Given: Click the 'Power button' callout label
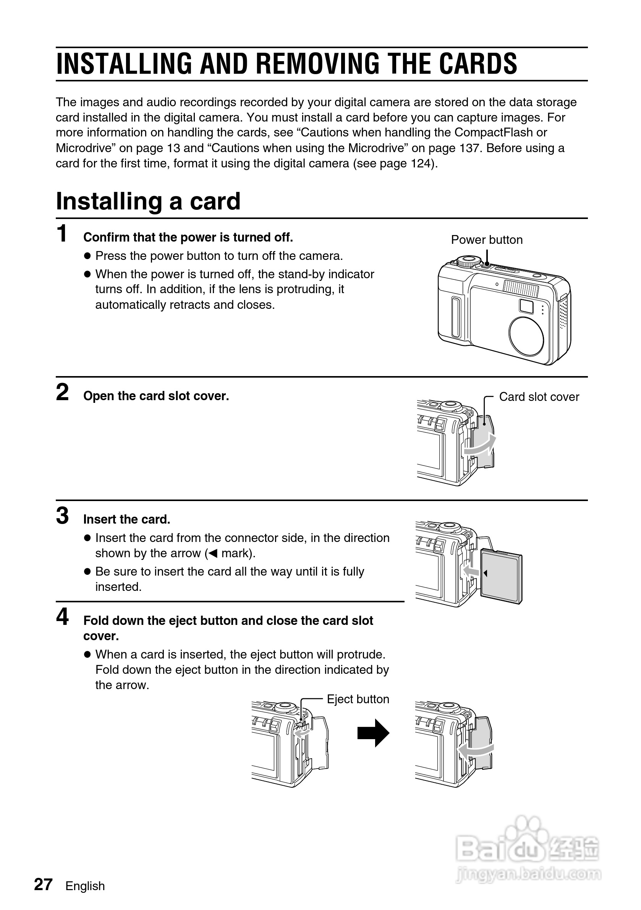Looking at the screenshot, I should (487, 240).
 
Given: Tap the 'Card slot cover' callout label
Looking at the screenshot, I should (539, 397).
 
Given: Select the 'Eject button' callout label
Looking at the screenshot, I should (358, 699).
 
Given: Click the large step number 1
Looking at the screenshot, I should (62, 234).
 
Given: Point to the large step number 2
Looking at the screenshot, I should (62, 393).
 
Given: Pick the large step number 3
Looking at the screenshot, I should (62, 516).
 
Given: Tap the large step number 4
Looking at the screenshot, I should (62, 617).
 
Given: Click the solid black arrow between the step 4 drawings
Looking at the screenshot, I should (373, 733).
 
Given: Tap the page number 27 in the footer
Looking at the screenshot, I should (43, 885).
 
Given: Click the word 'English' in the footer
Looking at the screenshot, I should (85, 886).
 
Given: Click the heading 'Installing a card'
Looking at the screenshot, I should (148, 201).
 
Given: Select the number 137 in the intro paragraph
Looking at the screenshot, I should (470, 148).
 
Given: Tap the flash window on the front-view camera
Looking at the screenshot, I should (521, 289).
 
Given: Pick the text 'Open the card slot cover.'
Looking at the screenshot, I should (156, 396).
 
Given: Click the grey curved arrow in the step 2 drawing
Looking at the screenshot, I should (480, 446).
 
